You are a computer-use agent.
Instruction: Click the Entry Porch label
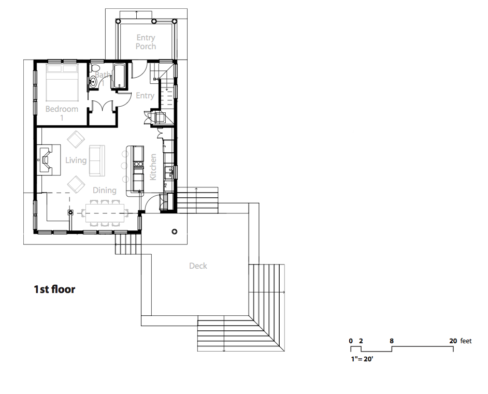point(146,42)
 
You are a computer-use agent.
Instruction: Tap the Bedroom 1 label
point(62,113)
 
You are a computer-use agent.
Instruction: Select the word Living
point(76,160)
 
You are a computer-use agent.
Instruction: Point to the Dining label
point(105,191)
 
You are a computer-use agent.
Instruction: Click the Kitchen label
point(153,167)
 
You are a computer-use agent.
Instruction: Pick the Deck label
point(198,266)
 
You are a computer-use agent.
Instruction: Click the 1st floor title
point(54,289)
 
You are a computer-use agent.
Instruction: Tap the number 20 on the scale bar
point(453,341)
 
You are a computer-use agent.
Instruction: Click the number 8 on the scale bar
point(392,341)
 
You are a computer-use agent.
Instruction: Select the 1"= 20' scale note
point(362,359)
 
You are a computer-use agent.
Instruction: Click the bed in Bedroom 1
point(62,82)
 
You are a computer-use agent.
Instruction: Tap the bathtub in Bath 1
point(119,76)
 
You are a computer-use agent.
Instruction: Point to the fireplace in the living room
point(46,160)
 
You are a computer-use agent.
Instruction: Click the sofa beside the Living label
point(97,160)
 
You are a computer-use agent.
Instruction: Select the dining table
point(105,213)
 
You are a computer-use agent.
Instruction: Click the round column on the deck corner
point(175,231)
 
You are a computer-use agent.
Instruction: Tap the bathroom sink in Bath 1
point(93,82)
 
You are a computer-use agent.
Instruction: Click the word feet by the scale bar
point(466,341)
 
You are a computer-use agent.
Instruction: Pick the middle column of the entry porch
point(154,21)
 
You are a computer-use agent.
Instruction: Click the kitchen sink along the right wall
point(168,172)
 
